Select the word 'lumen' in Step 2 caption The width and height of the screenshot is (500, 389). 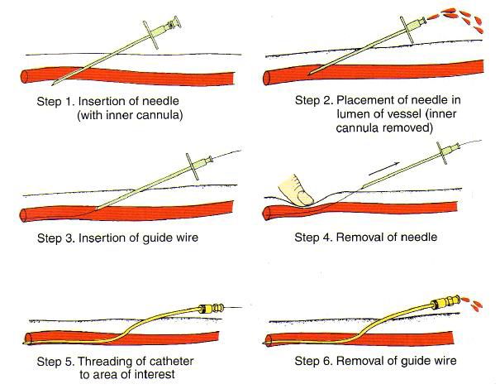tap(313, 114)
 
